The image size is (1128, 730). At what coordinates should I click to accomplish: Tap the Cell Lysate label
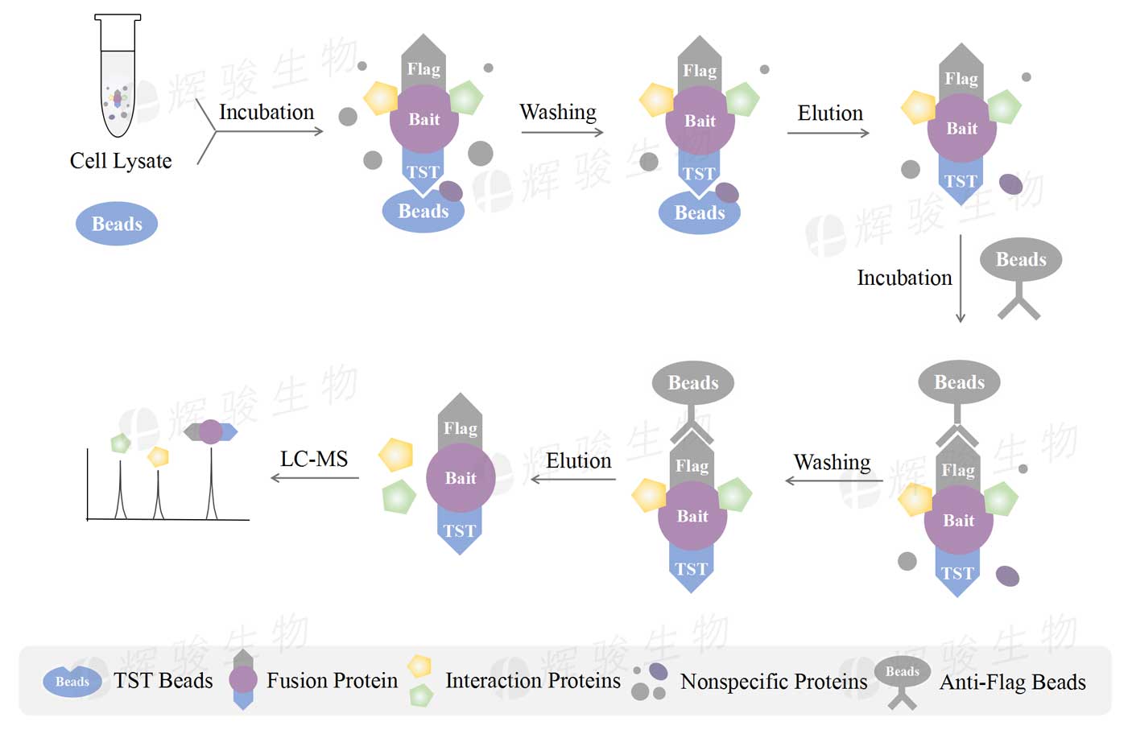tap(121, 161)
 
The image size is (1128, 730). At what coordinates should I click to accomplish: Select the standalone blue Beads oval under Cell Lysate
tap(117, 224)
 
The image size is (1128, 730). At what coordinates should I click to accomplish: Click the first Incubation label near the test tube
tap(267, 112)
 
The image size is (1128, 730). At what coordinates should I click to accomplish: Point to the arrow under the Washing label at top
tap(562, 132)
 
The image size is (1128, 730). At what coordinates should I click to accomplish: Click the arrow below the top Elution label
tap(828, 133)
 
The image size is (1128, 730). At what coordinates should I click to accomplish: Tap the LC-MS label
tap(314, 459)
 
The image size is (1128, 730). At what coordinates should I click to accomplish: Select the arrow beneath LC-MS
tap(315, 478)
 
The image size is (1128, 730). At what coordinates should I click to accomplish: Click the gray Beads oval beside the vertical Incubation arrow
tap(1020, 259)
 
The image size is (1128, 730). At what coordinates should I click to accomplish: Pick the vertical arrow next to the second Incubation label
tap(960, 278)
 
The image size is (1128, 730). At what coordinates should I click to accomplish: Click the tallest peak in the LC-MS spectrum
tap(212, 483)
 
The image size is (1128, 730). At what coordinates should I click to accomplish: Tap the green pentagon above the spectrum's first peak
tap(121, 443)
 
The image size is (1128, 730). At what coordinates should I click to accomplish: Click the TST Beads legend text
tap(163, 681)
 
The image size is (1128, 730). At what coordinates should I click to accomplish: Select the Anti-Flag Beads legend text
tap(1013, 683)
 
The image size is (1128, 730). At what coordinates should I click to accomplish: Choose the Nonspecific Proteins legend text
tap(774, 682)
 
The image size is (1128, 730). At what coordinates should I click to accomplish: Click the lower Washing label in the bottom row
tap(832, 462)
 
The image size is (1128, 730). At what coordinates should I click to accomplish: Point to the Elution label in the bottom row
tap(578, 460)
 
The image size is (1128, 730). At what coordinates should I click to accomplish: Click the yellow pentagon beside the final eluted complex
tap(396, 455)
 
